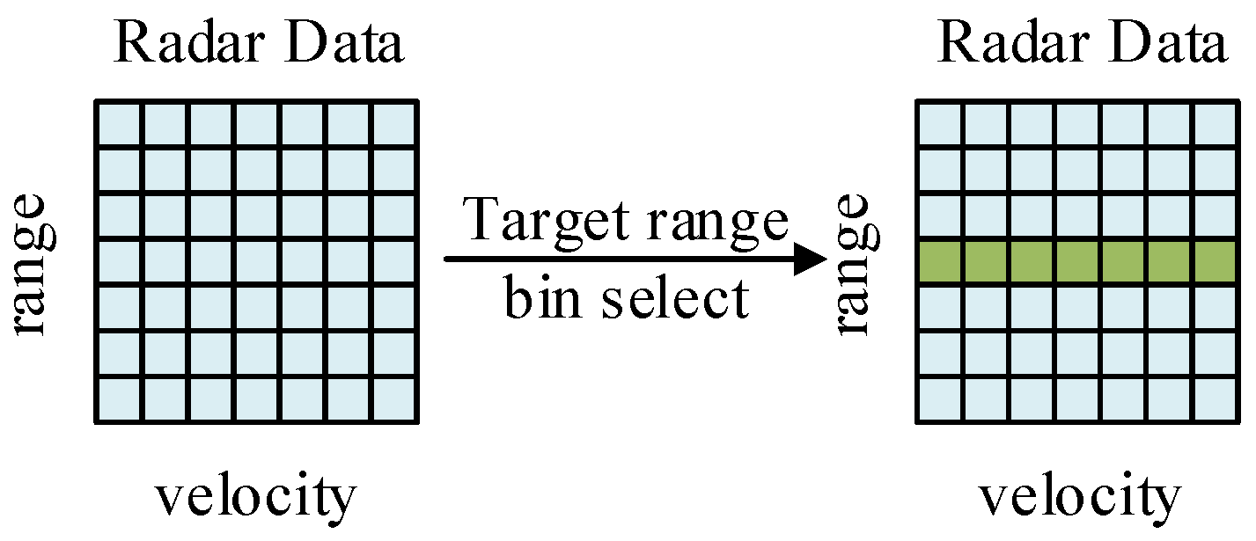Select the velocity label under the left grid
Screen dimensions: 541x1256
[256, 497]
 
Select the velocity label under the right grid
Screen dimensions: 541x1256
[1079, 497]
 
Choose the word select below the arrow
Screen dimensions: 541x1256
[676, 299]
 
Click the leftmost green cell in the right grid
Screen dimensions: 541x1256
[941, 262]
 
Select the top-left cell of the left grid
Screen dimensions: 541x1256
[118, 125]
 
